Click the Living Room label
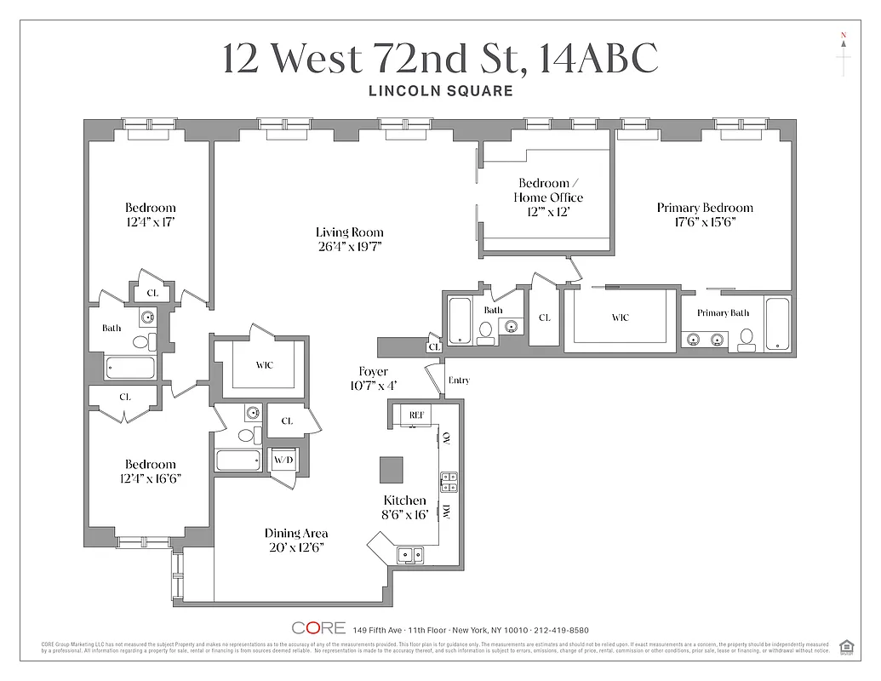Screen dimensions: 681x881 click(x=349, y=232)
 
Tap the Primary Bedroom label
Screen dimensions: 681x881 click(x=705, y=208)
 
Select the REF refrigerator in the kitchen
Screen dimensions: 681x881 click(x=416, y=415)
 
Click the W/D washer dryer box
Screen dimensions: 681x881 click(x=283, y=461)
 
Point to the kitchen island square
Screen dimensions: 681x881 click(x=392, y=469)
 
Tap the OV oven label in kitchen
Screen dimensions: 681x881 click(x=446, y=438)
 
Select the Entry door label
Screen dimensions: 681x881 click(x=458, y=381)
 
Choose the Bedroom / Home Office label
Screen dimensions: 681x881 click(x=548, y=191)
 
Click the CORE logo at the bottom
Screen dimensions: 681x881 click(x=318, y=628)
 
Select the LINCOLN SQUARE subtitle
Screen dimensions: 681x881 click(x=440, y=91)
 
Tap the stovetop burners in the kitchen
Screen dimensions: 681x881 click(x=449, y=482)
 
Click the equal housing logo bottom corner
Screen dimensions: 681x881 click(x=846, y=645)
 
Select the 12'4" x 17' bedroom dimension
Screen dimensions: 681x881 click(x=150, y=221)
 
